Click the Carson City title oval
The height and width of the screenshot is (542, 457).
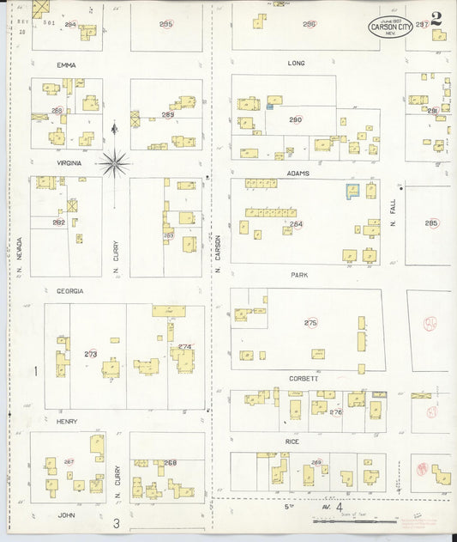pos(389,27)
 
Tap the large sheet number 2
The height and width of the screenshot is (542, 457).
pos(437,18)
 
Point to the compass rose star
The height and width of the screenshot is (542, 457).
pos(114,161)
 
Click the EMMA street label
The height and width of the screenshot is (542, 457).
pos(66,64)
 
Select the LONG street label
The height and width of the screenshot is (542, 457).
pos(296,63)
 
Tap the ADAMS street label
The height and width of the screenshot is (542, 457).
pos(298,173)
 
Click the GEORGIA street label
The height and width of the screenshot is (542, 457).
pos(70,291)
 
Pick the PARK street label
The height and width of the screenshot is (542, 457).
pos(298,275)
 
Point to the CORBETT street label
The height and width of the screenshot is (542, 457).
pos(303,378)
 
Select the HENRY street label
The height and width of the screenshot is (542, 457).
pos(67,421)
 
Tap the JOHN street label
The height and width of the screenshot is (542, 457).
pos(66,515)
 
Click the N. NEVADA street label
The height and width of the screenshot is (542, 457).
pos(19,256)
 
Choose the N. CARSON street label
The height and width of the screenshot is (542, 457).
pos(219,253)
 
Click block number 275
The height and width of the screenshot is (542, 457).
pos(310,322)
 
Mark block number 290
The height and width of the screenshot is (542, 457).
pos(296,119)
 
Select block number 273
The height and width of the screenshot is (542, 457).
pos(90,354)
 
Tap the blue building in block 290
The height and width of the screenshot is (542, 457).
pos(270,107)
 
